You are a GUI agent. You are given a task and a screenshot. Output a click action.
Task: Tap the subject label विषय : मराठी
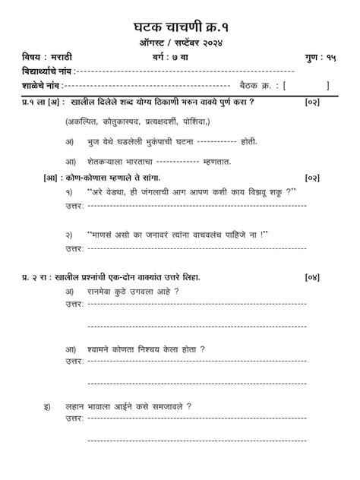tap(47, 58)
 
